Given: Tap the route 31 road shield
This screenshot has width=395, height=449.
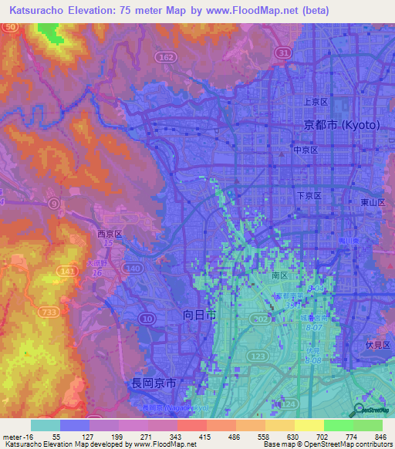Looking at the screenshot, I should pos(284,52).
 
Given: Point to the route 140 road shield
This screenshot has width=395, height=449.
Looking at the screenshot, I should pos(133,268).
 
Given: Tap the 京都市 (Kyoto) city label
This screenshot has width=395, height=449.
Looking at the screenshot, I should pos(340,125).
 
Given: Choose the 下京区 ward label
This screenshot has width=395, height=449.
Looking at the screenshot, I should pos(310,196).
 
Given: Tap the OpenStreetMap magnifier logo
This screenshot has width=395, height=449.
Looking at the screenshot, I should pos(357,409).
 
